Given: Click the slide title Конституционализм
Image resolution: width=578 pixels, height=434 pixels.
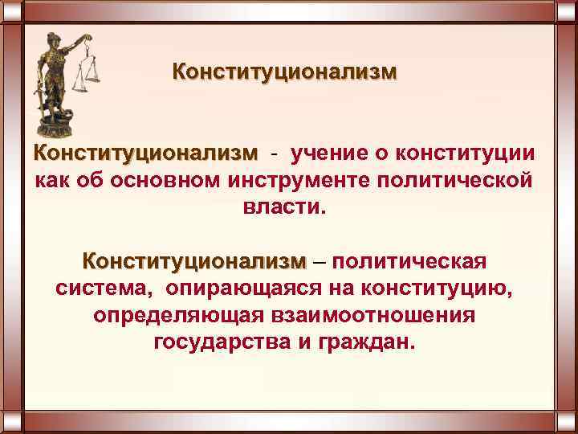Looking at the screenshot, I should coord(284,73).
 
